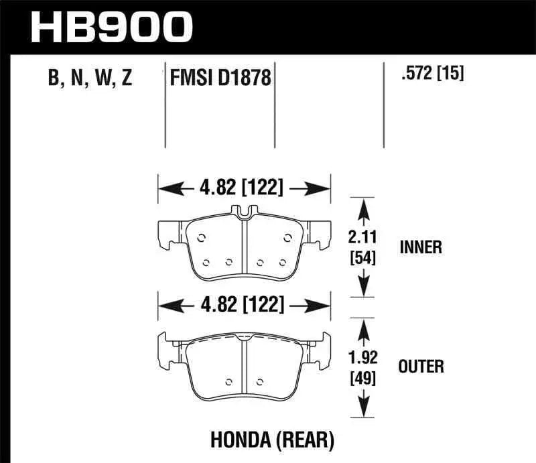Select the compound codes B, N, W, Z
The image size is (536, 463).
point(90,78)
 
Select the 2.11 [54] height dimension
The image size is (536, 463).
point(363,246)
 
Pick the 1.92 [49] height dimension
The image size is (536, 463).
point(362,367)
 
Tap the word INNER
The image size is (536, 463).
point(420,247)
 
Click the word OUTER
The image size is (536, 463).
point(421,366)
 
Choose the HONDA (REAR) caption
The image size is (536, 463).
point(283,440)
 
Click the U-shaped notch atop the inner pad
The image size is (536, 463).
point(245,212)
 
